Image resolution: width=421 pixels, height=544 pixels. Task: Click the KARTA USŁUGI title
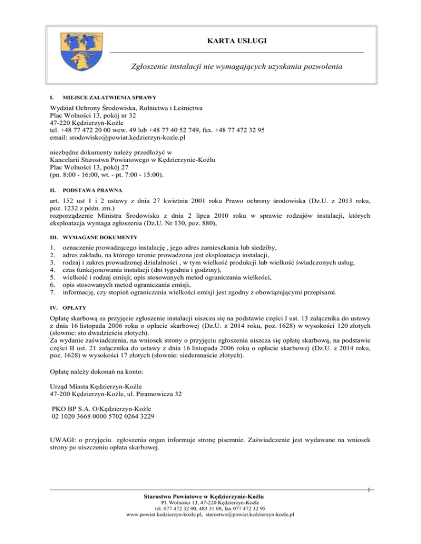237,41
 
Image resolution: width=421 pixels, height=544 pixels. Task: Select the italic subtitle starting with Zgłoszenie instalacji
237,67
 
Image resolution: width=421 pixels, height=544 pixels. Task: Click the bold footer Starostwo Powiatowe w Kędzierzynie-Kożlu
210,496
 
